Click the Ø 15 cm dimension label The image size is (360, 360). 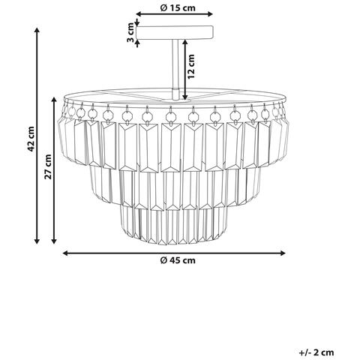pyautogui.click(x=178, y=8)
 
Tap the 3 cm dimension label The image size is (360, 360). pyautogui.click(x=130, y=32)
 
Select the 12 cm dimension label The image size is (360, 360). pyautogui.click(x=191, y=67)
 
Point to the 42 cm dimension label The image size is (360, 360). pyautogui.click(x=31, y=139)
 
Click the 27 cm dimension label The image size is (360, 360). pyautogui.click(x=48, y=166)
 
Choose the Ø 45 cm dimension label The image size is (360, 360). pyautogui.click(x=178, y=260)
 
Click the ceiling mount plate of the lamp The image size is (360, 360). pyautogui.click(x=175, y=33)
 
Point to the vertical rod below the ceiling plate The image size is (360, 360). pyautogui.click(x=175, y=69)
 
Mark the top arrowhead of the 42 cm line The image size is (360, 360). pyautogui.click(x=37, y=31)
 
